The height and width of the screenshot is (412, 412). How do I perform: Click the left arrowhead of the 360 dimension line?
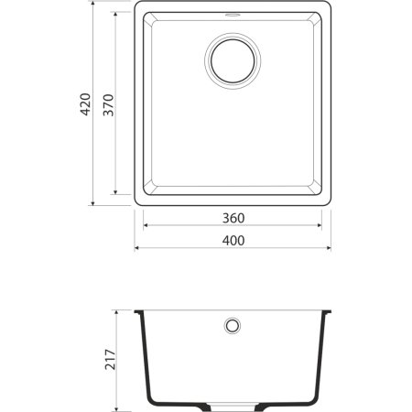click(x=146, y=226)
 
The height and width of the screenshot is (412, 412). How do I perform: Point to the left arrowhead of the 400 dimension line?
click(x=137, y=247)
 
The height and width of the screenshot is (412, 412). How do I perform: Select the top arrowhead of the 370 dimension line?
click(x=114, y=17)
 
